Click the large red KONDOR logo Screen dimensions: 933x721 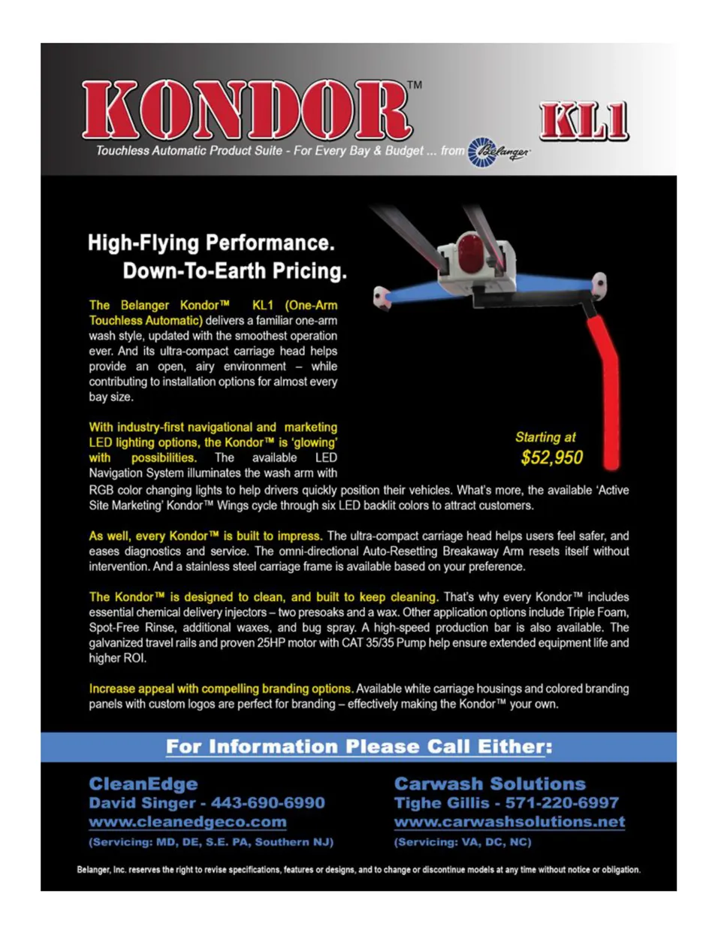246,110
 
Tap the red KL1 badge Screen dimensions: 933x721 584,122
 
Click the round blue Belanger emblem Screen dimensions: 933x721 481,152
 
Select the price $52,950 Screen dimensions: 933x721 551,457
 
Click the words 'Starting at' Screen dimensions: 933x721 545,437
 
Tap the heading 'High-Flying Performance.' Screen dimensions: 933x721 211,243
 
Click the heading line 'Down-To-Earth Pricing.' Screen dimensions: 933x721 234,270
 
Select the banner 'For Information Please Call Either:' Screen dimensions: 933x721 359,747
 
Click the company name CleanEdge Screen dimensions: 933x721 143,784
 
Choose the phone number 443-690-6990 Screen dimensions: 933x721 267,803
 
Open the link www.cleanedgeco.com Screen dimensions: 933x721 188,823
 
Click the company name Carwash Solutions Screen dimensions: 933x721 490,784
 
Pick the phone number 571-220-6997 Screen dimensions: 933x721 562,803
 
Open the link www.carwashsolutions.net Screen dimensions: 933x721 509,823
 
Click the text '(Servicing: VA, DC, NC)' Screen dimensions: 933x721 463,842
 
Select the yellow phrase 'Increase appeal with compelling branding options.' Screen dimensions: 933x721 221,689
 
